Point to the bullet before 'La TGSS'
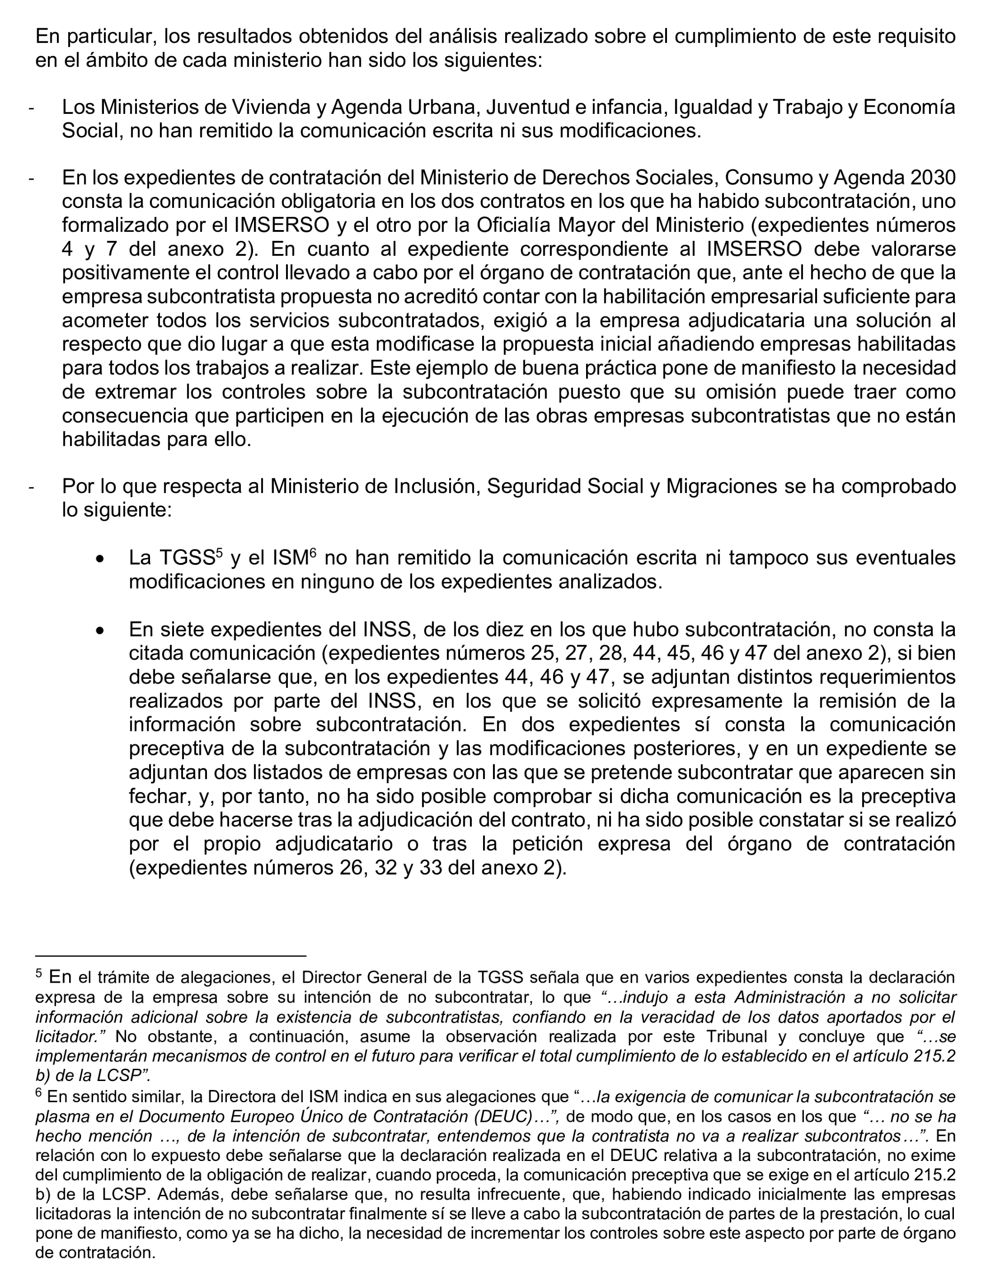point(101,560)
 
